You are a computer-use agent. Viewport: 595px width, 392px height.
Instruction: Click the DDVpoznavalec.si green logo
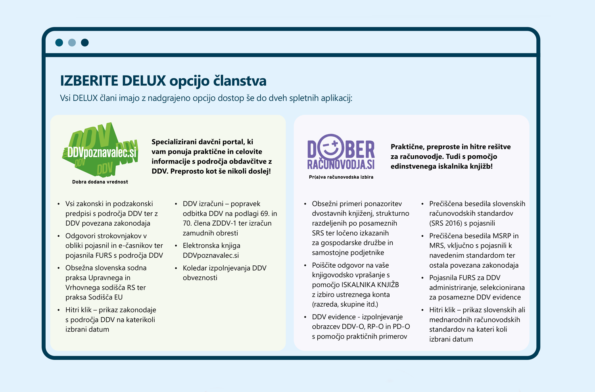click(x=100, y=150)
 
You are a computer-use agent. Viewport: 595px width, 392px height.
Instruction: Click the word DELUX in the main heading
click(x=144, y=81)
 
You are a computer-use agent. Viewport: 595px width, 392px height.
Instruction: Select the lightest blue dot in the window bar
click(x=72, y=42)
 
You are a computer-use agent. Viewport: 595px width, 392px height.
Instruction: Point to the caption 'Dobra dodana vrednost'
click(x=100, y=182)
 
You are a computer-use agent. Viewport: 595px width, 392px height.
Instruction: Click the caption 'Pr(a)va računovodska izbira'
click(x=341, y=177)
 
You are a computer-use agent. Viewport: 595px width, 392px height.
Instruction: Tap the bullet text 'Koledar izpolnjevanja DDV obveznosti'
click(x=224, y=273)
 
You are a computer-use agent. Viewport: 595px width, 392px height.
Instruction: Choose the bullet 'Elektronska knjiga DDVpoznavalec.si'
click(x=211, y=250)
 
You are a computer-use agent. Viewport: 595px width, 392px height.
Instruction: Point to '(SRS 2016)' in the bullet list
click(x=445, y=223)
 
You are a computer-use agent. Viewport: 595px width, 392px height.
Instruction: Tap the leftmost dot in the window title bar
click(x=59, y=42)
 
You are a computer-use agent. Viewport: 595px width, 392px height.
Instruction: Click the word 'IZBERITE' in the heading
click(x=89, y=81)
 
